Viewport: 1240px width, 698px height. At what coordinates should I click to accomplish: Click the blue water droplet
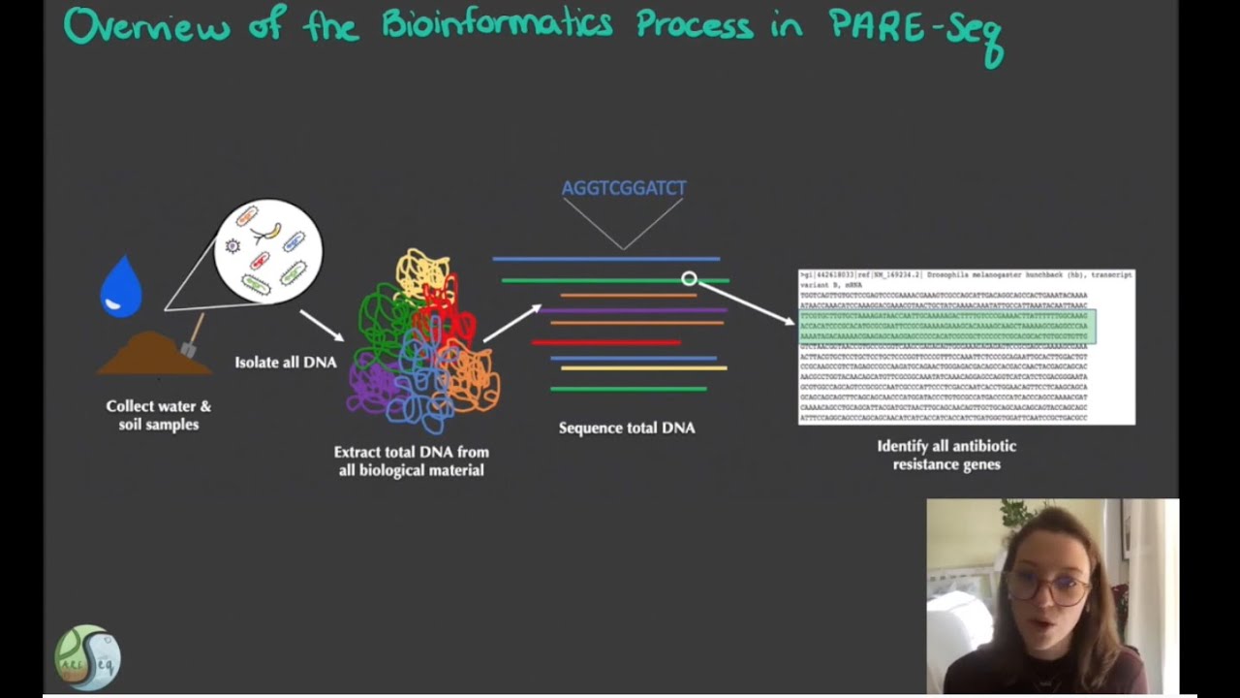pos(121,288)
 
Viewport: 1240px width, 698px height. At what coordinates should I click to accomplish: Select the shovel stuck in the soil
pos(191,337)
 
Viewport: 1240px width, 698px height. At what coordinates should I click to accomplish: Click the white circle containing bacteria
pos(267,251)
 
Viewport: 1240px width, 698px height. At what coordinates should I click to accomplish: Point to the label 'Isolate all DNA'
pos(286,363)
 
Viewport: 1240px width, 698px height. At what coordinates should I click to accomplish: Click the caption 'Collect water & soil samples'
pos(158,415)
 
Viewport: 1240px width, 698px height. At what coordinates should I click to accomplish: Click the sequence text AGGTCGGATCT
pos(624,188)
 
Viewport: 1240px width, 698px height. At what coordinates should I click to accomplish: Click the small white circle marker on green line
pos(689,279)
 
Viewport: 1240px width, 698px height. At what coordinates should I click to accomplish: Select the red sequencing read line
pos(605,342)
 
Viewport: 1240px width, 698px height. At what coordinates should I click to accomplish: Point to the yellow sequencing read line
pos(643,368)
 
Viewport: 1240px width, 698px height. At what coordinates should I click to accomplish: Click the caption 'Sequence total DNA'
pos(627,428)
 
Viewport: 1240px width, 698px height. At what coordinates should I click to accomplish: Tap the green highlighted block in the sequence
pos(946,327)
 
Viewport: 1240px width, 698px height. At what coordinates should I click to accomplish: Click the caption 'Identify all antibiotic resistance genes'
pos(946,455)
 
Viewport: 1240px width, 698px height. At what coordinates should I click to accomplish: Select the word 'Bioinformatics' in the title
pos(496,25)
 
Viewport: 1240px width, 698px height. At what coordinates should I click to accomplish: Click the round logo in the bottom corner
pos(87,658)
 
